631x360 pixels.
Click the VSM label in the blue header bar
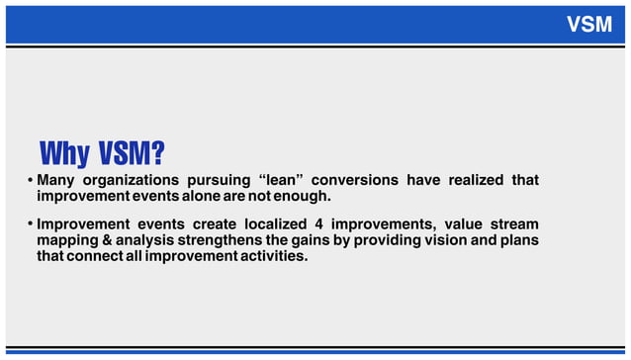coord(589,25)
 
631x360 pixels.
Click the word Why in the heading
coord(65,154)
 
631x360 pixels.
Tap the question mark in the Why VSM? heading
coord(156,154)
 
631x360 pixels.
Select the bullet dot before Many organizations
coord(30,180)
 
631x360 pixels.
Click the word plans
coord(518,240)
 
